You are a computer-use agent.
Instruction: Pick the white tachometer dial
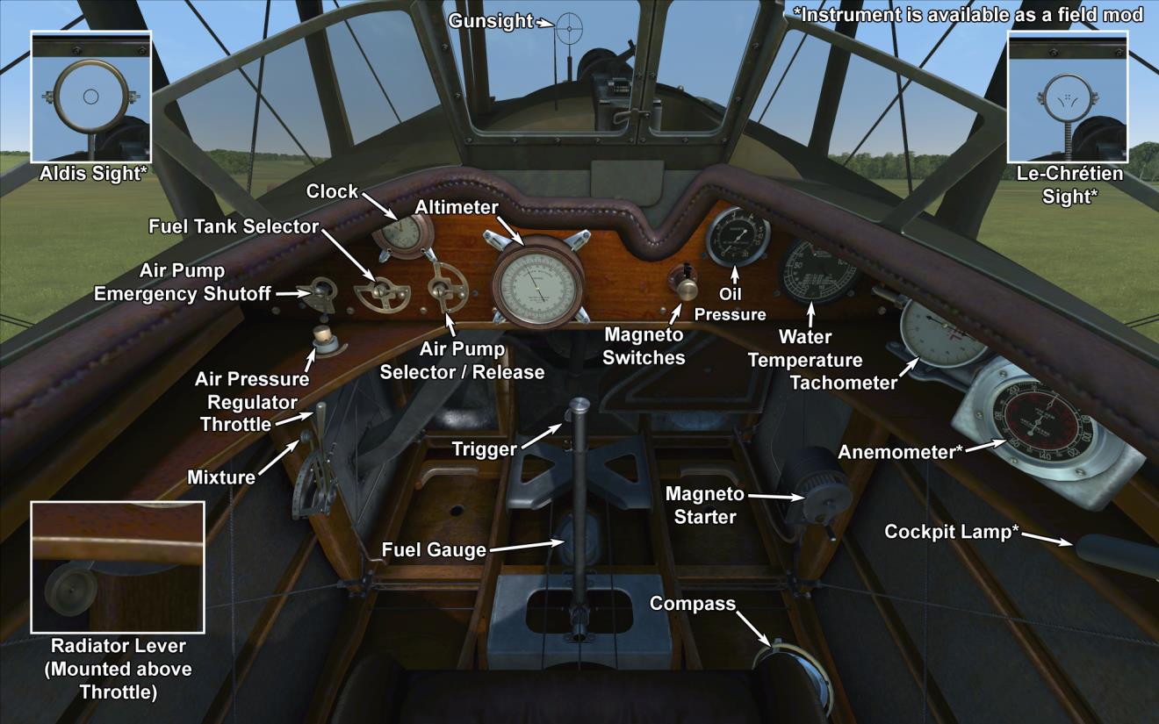coord(944,332)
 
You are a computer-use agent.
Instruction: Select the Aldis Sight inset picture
coord(91,96)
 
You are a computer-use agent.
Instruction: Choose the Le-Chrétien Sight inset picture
coord(1066,96)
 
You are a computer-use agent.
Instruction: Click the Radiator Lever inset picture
coord(118,567)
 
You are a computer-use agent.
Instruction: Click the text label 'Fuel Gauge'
coord(434,550)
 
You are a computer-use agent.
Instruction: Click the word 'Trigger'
coord(484,449)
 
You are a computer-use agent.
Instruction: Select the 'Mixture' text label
coord(220,477)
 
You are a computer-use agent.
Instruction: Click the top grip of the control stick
coord(580,407)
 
